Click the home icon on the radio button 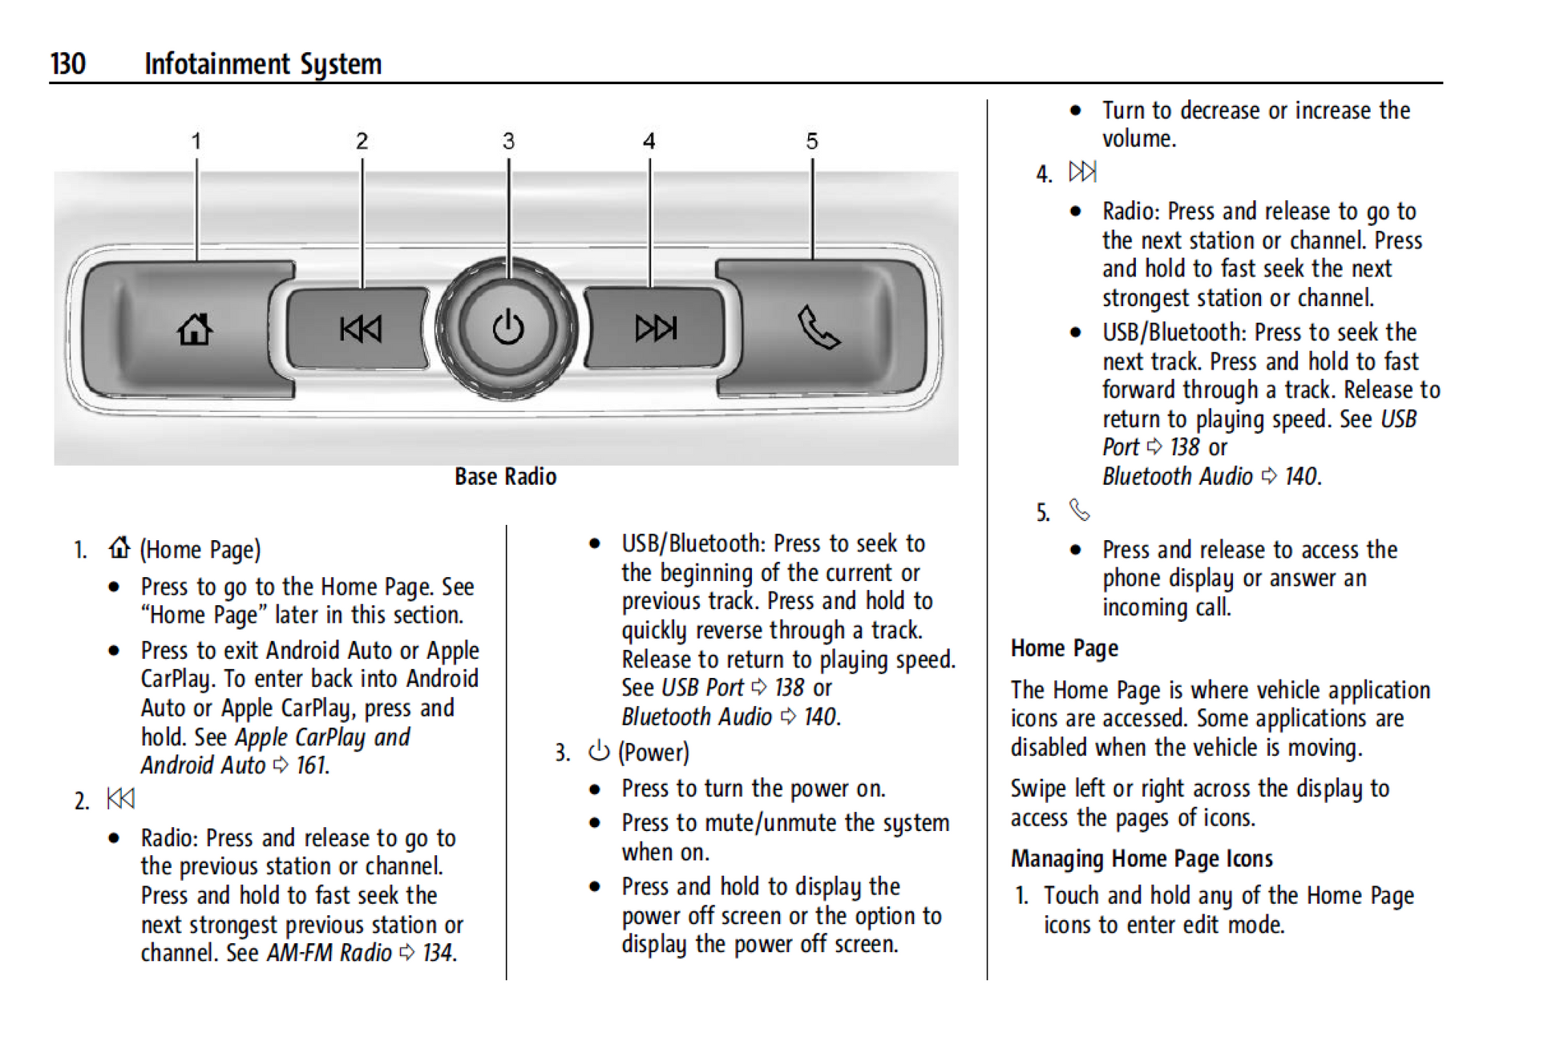click(x=195, y=329)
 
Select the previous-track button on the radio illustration click(x=361, y=329)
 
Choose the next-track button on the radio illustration click(x=656, y=328)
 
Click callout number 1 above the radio click(x=196, y=142)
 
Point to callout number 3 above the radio click(x=508, y=142)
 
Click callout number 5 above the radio click(x=812, y=142)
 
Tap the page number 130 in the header click(x=68, y=64)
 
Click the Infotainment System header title click(x=263, y=64)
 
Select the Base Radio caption click(x=505, y=477)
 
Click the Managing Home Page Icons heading click(x=1142, y=859)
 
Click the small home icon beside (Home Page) click(x=119, y=548)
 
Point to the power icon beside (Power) click(x=599, y=751)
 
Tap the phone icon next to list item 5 click(x=1080, y=510)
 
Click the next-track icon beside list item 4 click(x=1082, y=171)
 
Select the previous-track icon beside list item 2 click(x=120, y=798)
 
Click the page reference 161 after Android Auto click(x=312, y=766)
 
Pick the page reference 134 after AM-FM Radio click(x=438, y=953)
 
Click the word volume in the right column click(x=1138, y=139)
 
